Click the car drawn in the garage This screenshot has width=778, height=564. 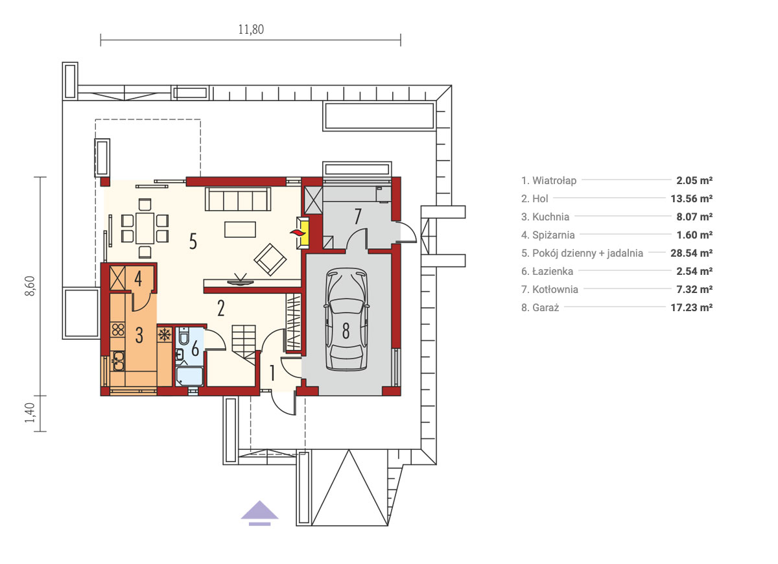[346, 320]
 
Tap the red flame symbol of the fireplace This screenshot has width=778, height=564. [296, 232]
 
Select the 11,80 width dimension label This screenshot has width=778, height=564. [251, 30]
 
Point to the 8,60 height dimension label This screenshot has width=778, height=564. [30, 286]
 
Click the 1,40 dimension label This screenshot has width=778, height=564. [30, 412]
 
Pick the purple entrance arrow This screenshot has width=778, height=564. [259, 513]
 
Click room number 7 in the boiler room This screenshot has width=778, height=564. [358, 216]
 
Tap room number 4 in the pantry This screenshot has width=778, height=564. [138, 278]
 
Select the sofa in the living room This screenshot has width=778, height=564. [238, 199]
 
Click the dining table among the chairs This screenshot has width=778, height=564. [145, 228]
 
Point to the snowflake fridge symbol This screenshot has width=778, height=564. [164, 335]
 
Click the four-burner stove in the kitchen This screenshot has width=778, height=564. [118, 329]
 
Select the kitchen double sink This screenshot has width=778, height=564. [118, 360]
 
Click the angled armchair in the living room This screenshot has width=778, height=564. [270, 259]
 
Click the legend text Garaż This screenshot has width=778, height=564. [540, 308]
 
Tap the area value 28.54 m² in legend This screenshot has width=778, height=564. [691, 253]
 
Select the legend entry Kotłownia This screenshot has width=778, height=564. [550, 290]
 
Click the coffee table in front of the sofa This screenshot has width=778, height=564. [240, 229]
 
